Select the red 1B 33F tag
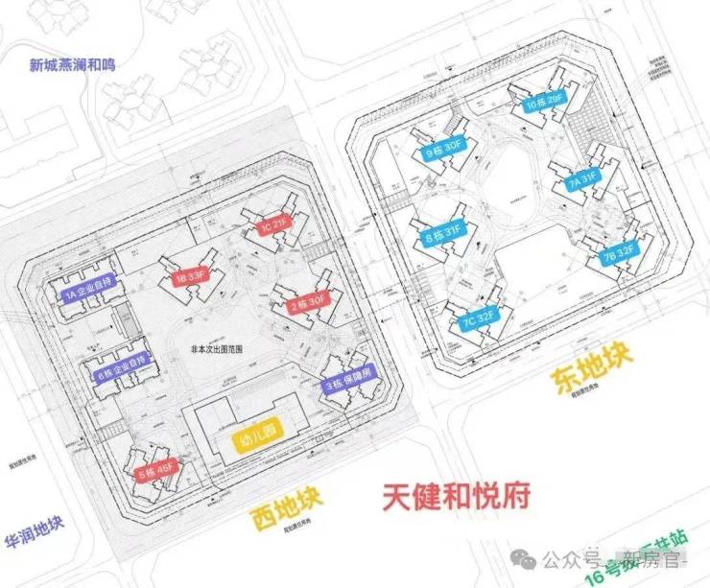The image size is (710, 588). [x=188, y=278]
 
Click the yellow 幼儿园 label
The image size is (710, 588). [x=256, y=431]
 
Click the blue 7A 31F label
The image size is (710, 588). [x=581, y=178]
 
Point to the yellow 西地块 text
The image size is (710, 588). [x=285, y=509]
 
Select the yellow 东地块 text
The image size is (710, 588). [x=592, y=369]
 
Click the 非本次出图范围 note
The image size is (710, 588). [x=219, y=350]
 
